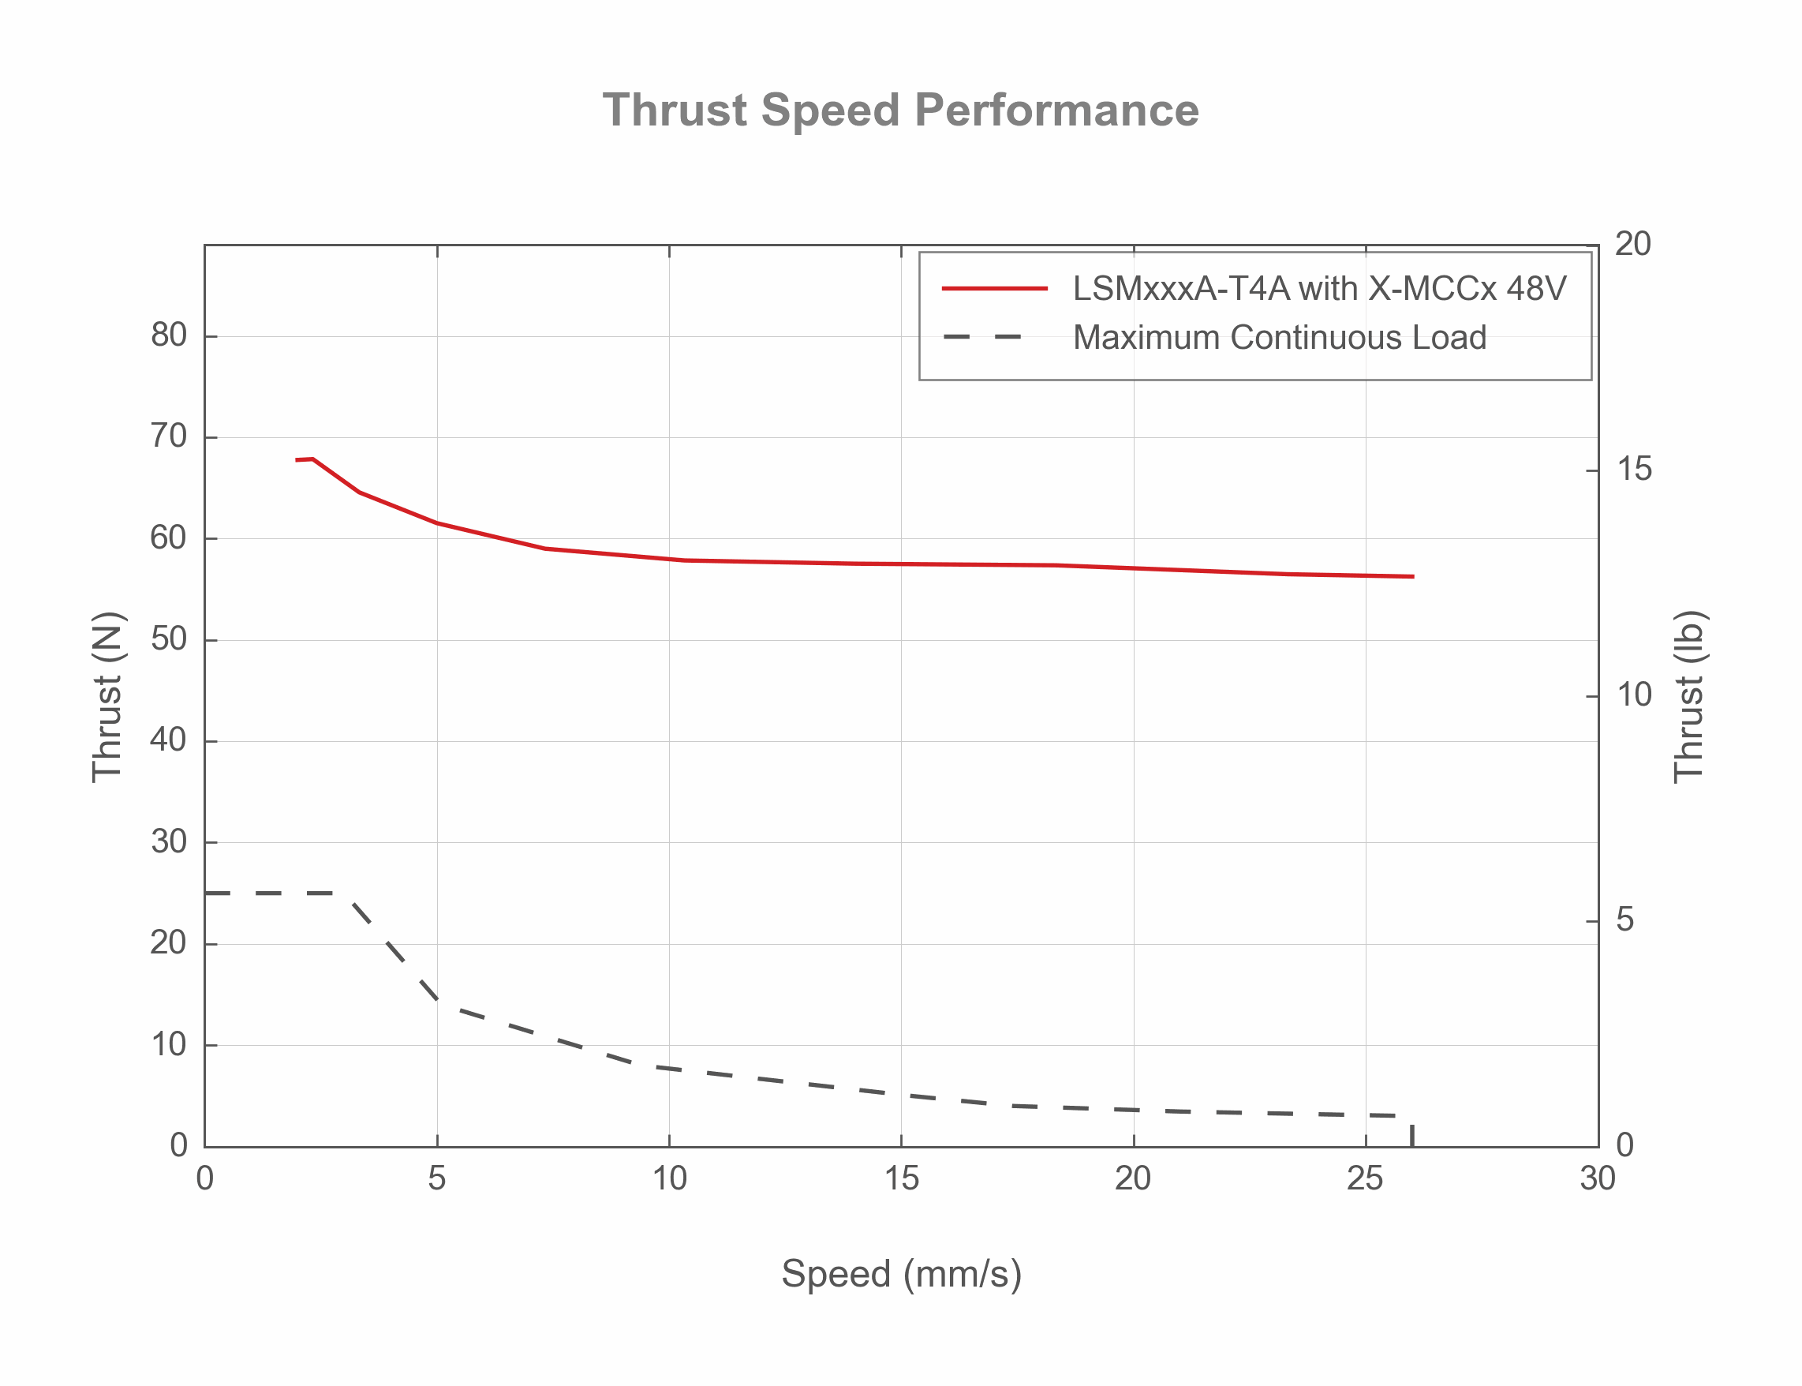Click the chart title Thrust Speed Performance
click(x=899, y=110)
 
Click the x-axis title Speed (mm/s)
click(x=900, y=1273)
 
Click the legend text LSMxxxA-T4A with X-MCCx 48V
click(x=1318, y=289)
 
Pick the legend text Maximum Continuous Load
click(x=1278, y=338)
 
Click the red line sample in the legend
click(x=994, y=289)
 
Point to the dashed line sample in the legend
click(x=981, y=338)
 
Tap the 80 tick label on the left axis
click(x=168, y=335)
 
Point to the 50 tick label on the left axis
click(x=168, y=639)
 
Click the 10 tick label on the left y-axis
click(x=168, y=1044)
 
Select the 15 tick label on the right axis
click(x=1634, y=469)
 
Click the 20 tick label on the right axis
click(x=1632, y=244)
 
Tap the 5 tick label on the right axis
click(x=1624, y=919)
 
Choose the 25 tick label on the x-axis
click(x=1365, y=1178)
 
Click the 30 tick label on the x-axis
click(x=1598, y=1178)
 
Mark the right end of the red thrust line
click(x=1412, y=577)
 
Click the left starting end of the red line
click(x=297, y=459)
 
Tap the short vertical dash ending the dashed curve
click(x=1412, y=1134)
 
